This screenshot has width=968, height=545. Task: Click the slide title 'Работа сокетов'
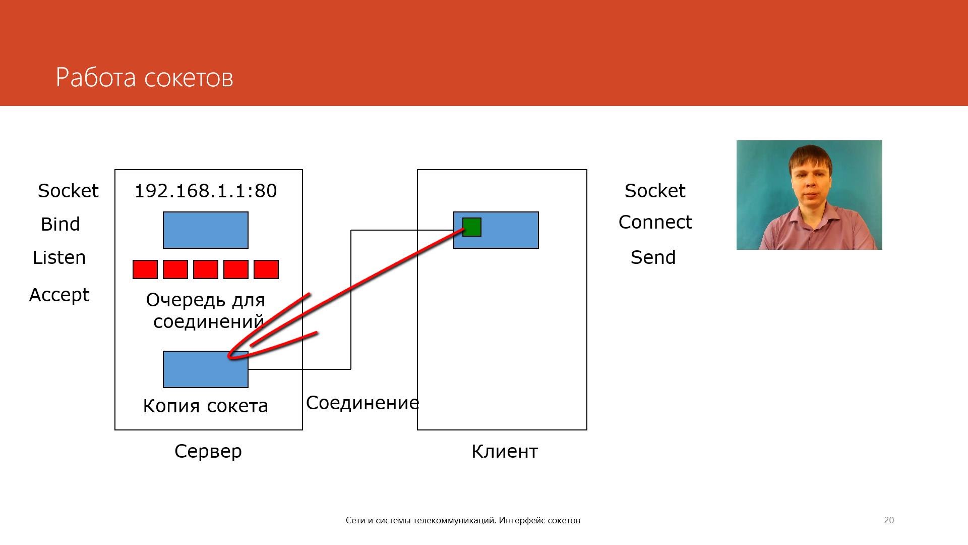pos(144,78)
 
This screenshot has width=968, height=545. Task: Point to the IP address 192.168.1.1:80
pos(206,191)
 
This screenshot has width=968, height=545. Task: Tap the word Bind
pos(60,224)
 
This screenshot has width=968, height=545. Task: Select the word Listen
pos(59,257)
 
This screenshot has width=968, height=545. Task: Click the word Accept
pos(59,295)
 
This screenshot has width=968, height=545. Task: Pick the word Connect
pos(655,222)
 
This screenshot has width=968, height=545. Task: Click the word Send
pos(653,257)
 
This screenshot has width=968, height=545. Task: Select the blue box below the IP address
pos(206,230)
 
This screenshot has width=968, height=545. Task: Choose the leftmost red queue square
pos(145,269)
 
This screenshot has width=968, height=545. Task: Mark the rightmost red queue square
pos(266,269)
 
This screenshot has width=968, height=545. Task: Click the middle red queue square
pos(206,269)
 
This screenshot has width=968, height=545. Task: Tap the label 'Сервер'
pos(208,451)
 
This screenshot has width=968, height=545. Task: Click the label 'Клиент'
pos(505,451)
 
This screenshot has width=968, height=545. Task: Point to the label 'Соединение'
pos(362,403)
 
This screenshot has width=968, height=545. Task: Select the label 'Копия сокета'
pos(206,406)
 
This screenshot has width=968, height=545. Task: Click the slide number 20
pos(889,520)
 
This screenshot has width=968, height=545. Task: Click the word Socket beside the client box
pos(655,191)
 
